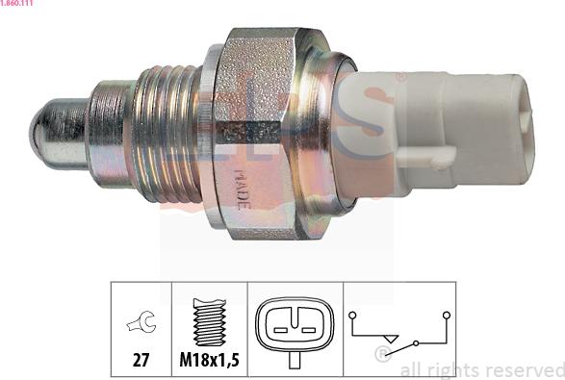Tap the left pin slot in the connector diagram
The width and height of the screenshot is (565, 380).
point(281,330)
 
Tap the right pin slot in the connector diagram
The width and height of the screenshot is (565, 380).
point(307,330)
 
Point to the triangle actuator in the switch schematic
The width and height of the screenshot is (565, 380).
point(389,338)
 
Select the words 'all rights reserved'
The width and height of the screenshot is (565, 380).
point(481,368)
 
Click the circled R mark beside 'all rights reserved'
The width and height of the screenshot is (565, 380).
point(381,355)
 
